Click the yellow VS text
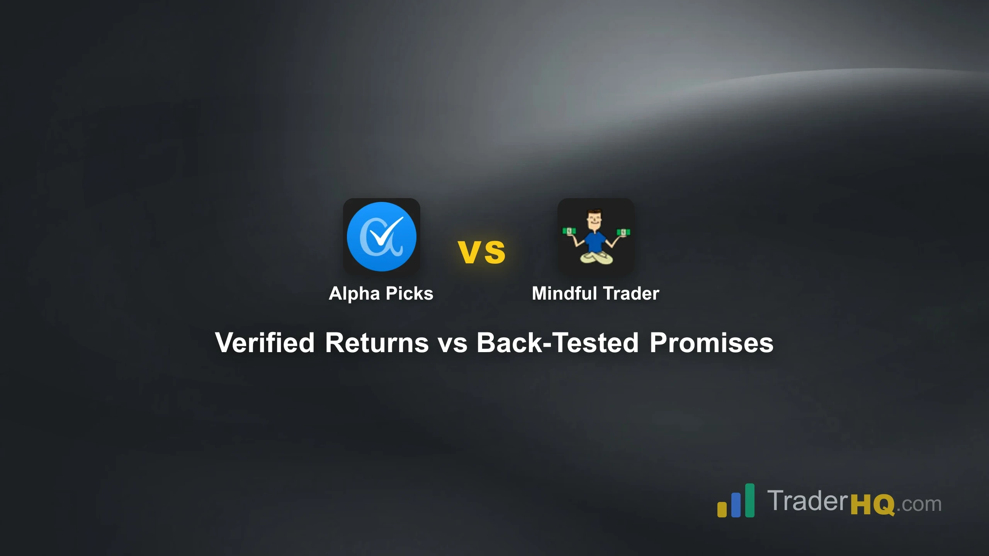(481, 252)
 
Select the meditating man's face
(593, 221)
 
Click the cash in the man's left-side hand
(569, 231)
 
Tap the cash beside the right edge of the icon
(623, 232)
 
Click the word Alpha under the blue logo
(354, 293)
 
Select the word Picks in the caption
(410, 293)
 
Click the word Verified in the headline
(265, 342)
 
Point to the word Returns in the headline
(377, 342)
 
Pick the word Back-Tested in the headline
(557, 342)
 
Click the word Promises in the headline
(711, 342)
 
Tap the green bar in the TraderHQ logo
(749, 500)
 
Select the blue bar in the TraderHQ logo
(736, 505)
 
